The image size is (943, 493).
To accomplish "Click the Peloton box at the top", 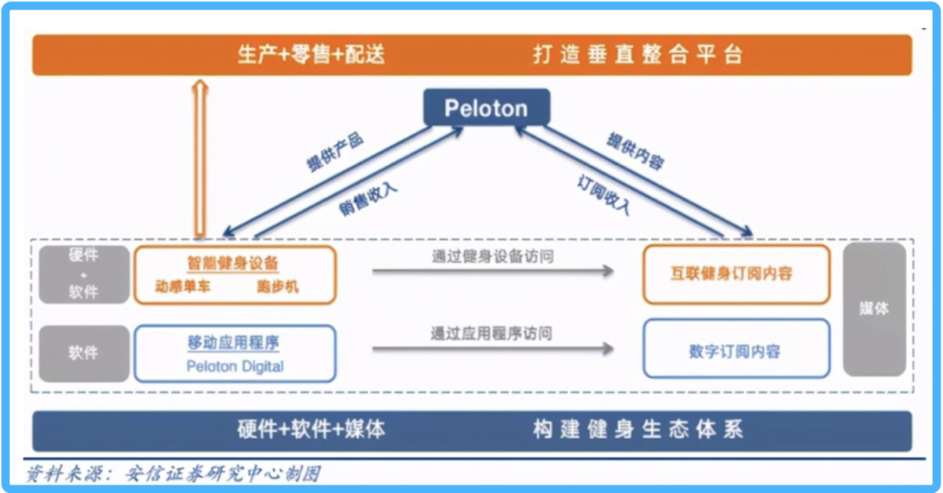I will coord(486,108).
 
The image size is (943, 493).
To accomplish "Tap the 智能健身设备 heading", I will coord(233,263).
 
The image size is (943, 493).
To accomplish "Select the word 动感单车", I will coord(182,286).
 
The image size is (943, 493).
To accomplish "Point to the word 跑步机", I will coord(277,286).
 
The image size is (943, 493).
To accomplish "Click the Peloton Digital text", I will coord(235,366).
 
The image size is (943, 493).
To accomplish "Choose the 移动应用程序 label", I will coord(233,343).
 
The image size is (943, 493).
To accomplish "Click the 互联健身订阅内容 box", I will coord(736,274).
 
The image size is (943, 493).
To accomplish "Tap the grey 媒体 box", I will coord(873,308).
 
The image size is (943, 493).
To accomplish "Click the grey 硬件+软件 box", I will coord(84,274).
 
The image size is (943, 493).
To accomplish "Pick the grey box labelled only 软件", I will coord(84,353).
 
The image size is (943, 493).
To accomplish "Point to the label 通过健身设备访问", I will coord(492,257).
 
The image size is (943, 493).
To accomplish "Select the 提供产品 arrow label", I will coord(334,152).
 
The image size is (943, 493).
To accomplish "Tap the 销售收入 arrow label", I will coord(368,198).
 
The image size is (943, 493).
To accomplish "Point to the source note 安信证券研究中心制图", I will coord(223,474).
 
